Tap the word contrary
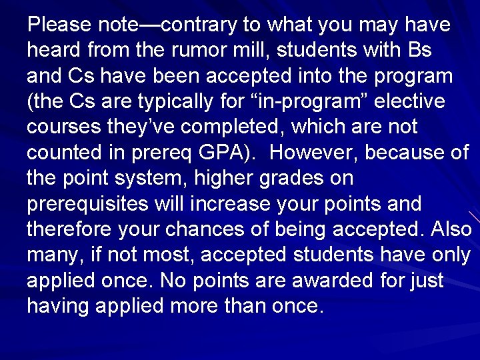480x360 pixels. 198,26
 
